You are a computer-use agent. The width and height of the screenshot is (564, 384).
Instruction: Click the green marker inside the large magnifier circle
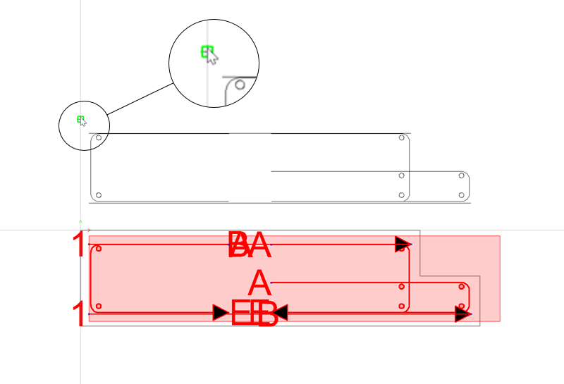pyautogui.click(x=207, y=51)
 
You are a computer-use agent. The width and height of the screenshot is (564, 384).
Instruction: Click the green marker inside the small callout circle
pyautogui.click(x=80, y=119)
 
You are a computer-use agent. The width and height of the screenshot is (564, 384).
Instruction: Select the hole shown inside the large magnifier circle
pyautogui.click(x=240, y=85)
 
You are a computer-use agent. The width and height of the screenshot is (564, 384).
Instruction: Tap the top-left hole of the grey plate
pyautogui.click(x=99, y=138)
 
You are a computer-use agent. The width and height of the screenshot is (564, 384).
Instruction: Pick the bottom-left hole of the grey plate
pyautogui.click(x=99, y=195)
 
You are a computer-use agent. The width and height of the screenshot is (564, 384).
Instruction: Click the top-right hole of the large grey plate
pyautogui.click(x=401, y=138)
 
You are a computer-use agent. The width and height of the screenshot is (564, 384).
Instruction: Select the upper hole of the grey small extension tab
pyautogui.click(x=462, y=175)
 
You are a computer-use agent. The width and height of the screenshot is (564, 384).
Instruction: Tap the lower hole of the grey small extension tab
pyautogui.click(x=462, y=195)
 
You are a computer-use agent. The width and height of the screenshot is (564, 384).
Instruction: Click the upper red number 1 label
pyautogui.click(x=79, y=245)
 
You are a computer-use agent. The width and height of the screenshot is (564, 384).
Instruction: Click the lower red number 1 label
pyautogui.click(x=79, y=314)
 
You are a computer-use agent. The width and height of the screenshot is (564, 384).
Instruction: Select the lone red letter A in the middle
pyautogui.click(x=259, y=283)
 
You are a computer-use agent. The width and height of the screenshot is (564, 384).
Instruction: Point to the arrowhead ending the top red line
pyautogui.click(x=403, y=244)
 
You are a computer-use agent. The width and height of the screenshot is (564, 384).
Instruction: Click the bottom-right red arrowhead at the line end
pyautogui.click(x=463, y=314)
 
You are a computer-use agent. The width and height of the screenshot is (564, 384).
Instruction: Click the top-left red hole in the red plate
pyautogui.click(x=99, y=249)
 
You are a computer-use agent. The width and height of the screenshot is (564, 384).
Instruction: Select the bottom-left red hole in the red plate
pyautogui.click(x=99, y=306)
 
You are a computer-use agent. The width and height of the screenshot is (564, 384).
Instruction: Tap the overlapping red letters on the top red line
pyautogui.click(x=250, y=245)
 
